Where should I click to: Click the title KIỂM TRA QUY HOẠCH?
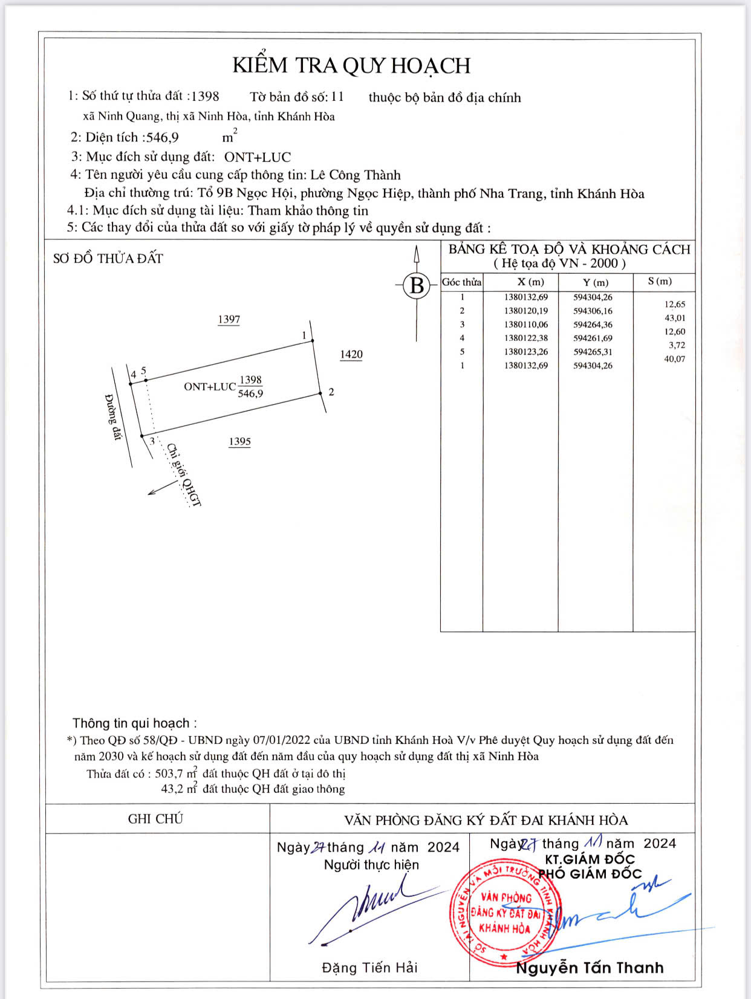pyautogui.click(x=351, y=66)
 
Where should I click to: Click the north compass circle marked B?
pyautogui.click(x=417, y=285)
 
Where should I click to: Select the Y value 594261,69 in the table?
pyautogui.click(x=593, y=338)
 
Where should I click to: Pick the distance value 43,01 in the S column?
pyautogui.click(x=675, y=318)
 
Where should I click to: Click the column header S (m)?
pyautogui.click(x=660, y=282)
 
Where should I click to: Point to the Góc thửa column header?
pyautogui.click(x=461, y=282)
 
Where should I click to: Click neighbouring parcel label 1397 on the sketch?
pyautogui.click(x=229, y=319)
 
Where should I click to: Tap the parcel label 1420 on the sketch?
pyautogui.click(x=351, y=354)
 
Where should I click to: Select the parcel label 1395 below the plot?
pyautogui.click(x=239, y=441)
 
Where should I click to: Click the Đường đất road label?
pyautogui.click(x=114, y=417)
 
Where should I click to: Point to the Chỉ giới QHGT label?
pyautogui.click(x=183, y=475)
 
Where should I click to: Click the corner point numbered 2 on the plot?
pyautogui.click(x=321, y=393)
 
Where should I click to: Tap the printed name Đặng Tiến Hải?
pyautogui.click(x=369, y=968)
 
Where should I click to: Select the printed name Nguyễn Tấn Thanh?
pyautogui.click(x=590, y=968)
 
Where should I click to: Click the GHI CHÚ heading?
pyautogui.click(x=155, y=819)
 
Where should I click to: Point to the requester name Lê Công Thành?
pyautogui.click(x=356, y=175)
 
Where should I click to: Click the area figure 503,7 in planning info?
pyautogui.click(x=169, y=774)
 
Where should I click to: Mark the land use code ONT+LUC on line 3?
pyautogui.click(x=258, y=157)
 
